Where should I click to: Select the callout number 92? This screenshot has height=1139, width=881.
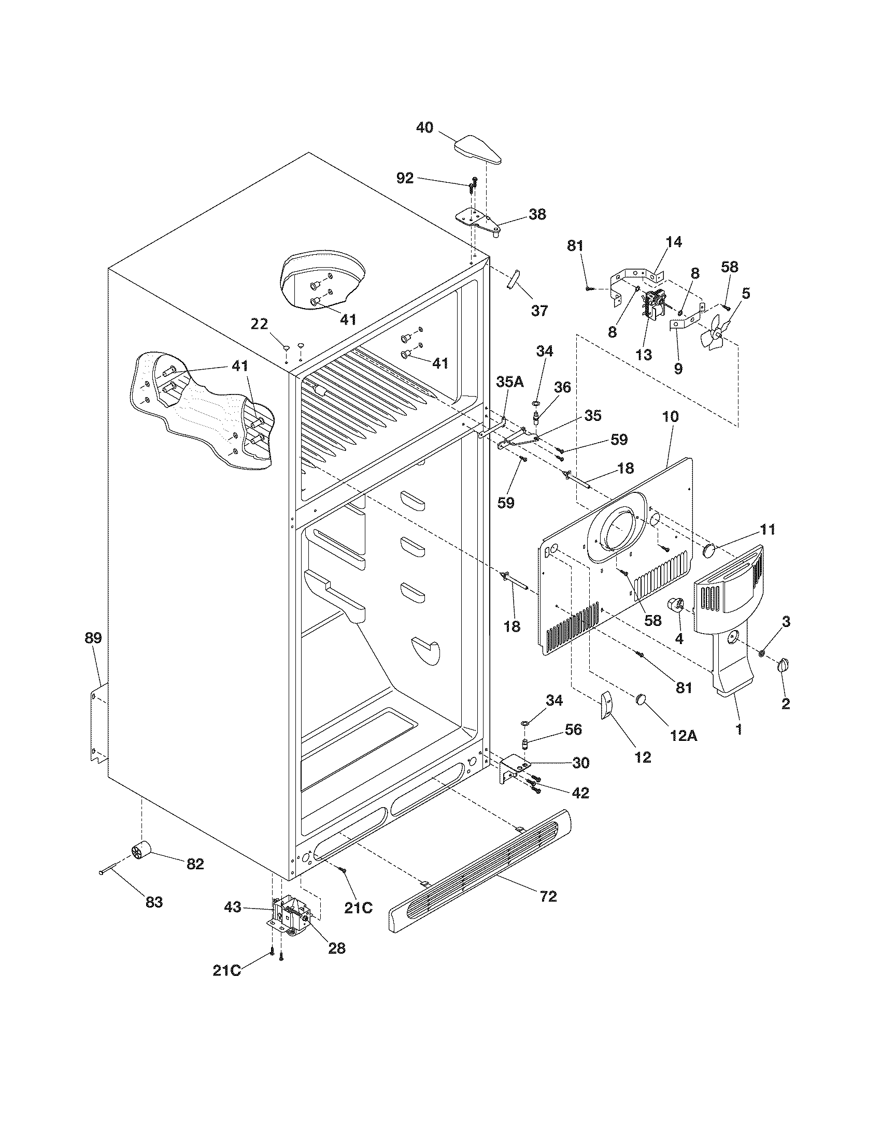(x=405, y=179)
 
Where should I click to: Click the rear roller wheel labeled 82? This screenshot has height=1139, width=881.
(x=140, y=852)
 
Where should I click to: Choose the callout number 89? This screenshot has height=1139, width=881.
(x=93, y=637)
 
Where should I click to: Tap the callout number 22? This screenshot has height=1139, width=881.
(x=260, y=324)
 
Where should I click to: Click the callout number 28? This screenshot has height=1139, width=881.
(x=336, y=948)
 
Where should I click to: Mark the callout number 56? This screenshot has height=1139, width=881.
(x=573, y=729)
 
